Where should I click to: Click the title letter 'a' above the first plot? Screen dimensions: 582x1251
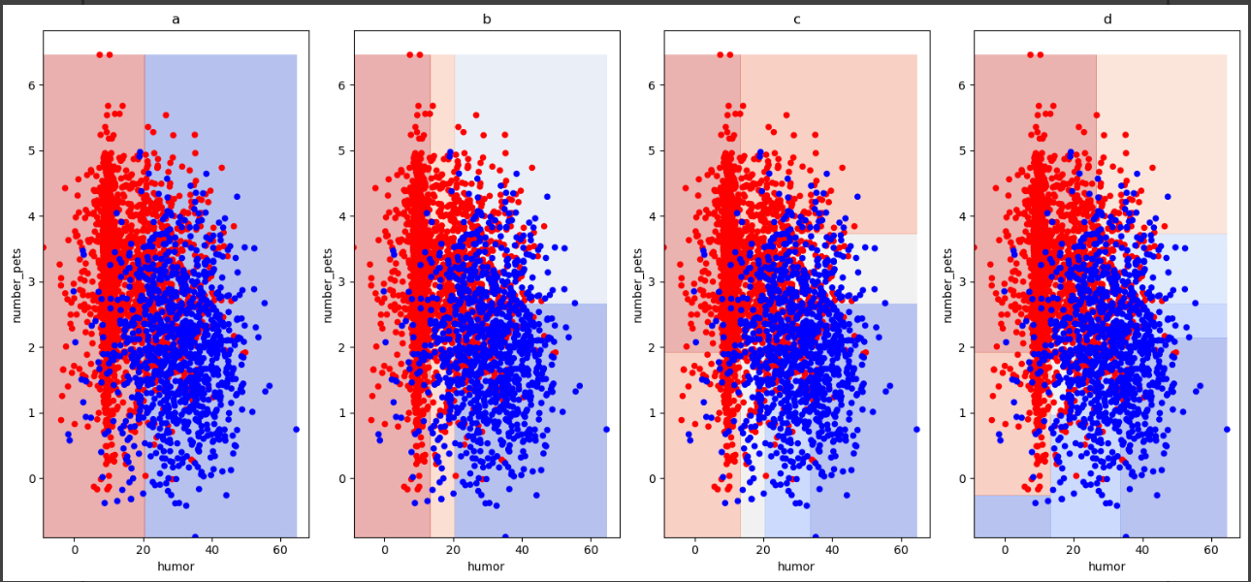pos(176,18)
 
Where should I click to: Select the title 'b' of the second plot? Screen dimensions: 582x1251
pos(486,18)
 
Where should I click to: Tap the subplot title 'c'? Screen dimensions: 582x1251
pos(796,18)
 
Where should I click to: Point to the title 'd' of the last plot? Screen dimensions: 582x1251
pos(1107,18)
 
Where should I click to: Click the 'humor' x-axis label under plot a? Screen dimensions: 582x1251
pos(176,566)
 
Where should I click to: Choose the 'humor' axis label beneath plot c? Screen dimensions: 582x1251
pos(796,566)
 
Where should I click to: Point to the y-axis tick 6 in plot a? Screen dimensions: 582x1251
pos(31,84)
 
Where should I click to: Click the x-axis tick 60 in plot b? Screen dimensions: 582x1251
pos(591,550)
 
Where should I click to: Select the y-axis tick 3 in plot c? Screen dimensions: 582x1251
pos(652,281)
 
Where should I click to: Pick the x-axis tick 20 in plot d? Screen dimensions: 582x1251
pos(1074,550)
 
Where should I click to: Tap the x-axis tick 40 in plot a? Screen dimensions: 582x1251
pos(211,550)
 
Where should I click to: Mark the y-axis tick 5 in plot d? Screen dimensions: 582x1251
pos(962,150)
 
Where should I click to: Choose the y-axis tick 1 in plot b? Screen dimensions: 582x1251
pos(341,413)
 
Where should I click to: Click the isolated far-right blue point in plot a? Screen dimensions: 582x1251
pos(296,429)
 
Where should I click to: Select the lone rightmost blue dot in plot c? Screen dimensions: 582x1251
pos(916,429)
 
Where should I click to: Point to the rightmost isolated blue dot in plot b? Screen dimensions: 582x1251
pos(606,429)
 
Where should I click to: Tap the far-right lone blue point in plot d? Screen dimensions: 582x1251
pos(1227,429)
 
